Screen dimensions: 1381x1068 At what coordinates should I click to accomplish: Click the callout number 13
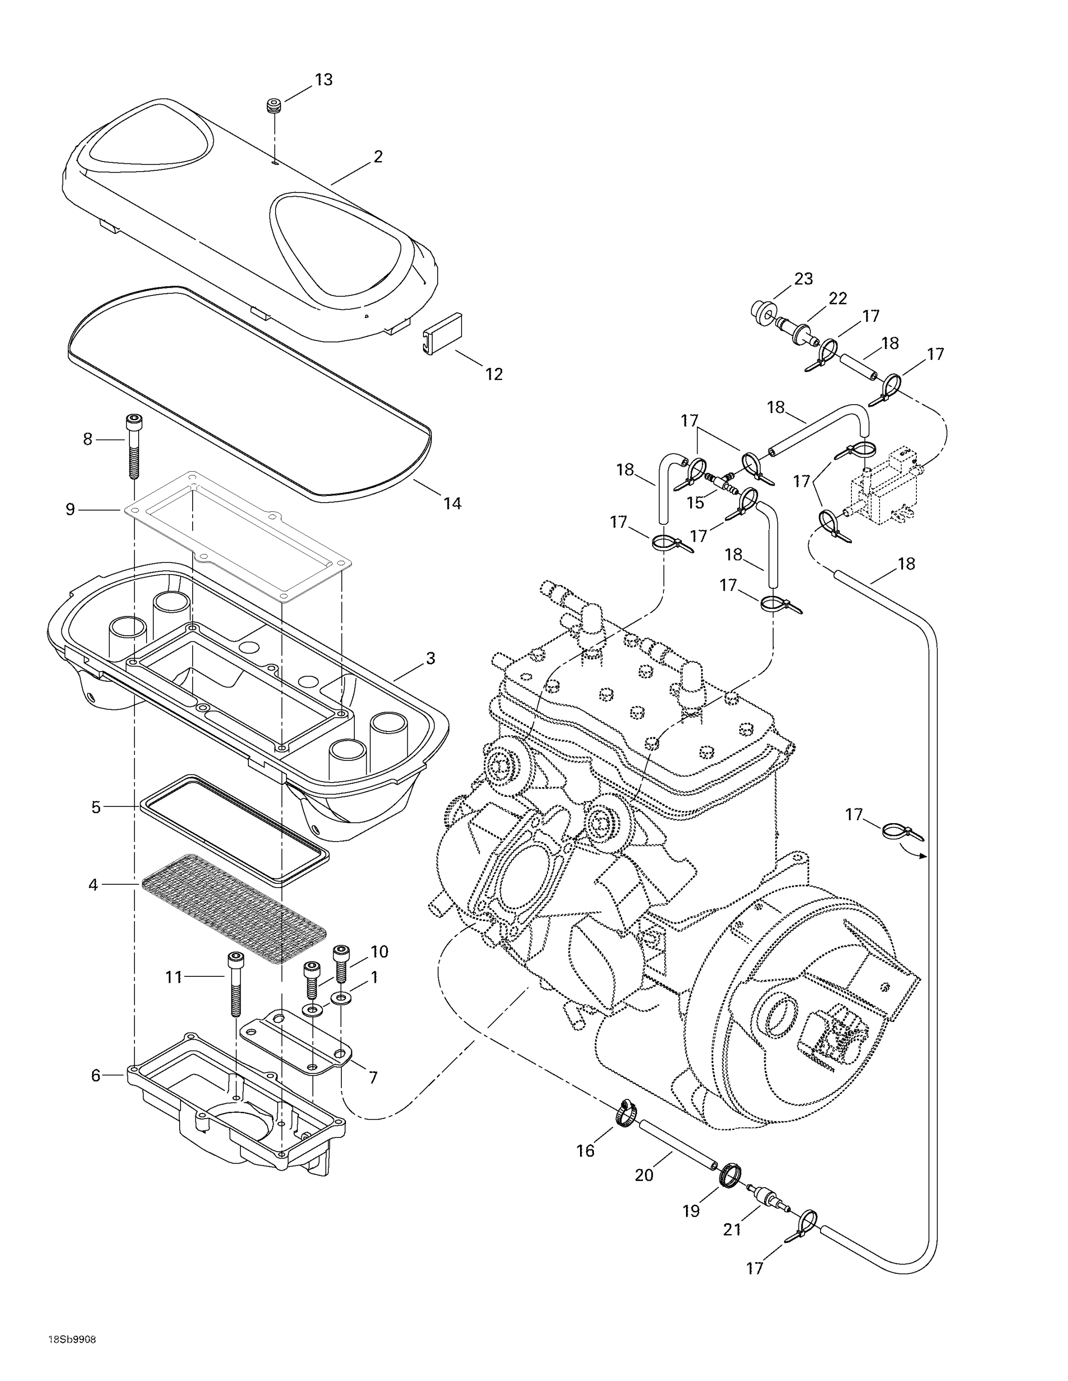coord(323,80)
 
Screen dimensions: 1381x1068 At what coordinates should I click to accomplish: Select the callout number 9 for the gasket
coord(70,509)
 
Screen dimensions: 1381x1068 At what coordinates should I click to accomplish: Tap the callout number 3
coord(430,659)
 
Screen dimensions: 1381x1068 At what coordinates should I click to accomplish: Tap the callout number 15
coord(695,503)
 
